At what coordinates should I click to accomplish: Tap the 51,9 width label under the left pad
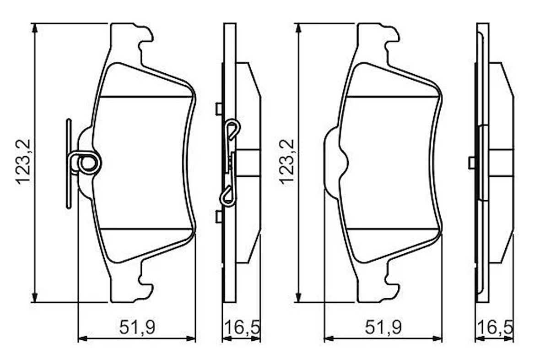(137, 327)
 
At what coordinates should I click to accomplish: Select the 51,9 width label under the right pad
(383, 327)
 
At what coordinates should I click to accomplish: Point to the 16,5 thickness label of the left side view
(242, 327)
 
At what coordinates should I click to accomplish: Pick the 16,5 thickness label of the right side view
(495, 327)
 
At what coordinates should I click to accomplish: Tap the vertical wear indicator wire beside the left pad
(68, 164)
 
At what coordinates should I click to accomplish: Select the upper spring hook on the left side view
(232, 130)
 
